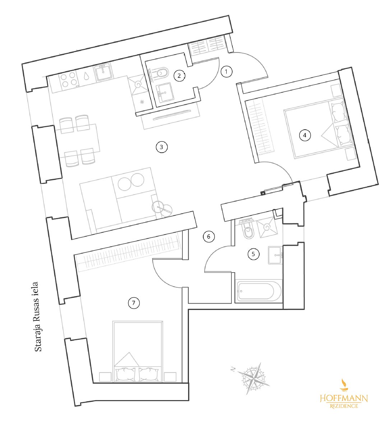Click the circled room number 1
226,71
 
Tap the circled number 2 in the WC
179,76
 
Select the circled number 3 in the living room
162,147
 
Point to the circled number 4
305,135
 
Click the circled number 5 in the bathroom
253,254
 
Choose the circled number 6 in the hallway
208,237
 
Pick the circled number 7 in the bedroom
134,303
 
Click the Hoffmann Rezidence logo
344,399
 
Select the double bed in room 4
318,128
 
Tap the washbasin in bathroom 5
275,255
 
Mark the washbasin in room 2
165,93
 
